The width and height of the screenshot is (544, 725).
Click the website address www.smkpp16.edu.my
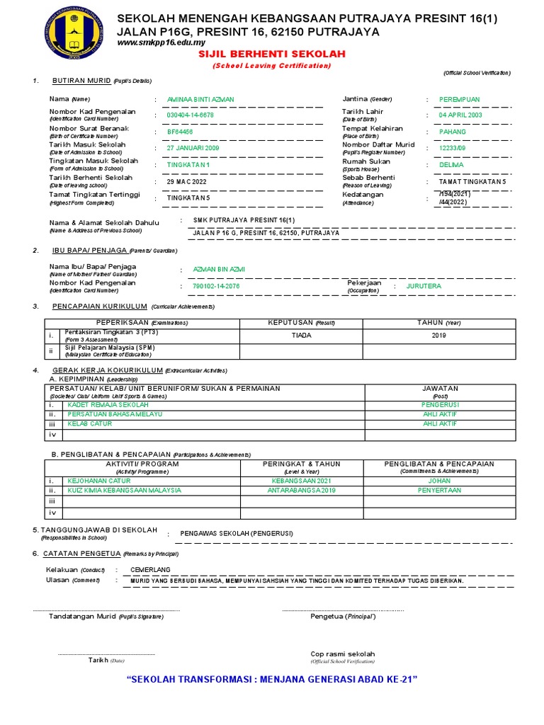(156, 43)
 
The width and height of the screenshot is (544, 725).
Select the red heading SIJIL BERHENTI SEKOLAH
(271, 55)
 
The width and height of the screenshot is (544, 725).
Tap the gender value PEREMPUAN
(460, 99)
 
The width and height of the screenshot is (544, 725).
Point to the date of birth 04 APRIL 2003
(460, 115)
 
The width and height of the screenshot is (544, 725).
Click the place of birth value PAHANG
(453, 132)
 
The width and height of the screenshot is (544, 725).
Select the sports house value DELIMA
(451, 164)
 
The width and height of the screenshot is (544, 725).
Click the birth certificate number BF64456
(180, 132)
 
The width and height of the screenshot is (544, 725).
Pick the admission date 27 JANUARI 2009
(193, 148)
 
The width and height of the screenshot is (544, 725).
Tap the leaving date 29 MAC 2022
(187, 181)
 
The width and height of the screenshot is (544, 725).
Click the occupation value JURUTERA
(424, 286)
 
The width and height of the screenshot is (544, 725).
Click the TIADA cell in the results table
(301, 336)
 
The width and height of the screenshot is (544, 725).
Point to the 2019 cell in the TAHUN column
(439, 336)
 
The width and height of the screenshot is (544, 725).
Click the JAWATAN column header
(440, 388)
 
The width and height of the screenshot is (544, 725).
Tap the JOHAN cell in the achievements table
(439, 480)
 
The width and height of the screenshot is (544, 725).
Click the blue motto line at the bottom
(271, 679)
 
